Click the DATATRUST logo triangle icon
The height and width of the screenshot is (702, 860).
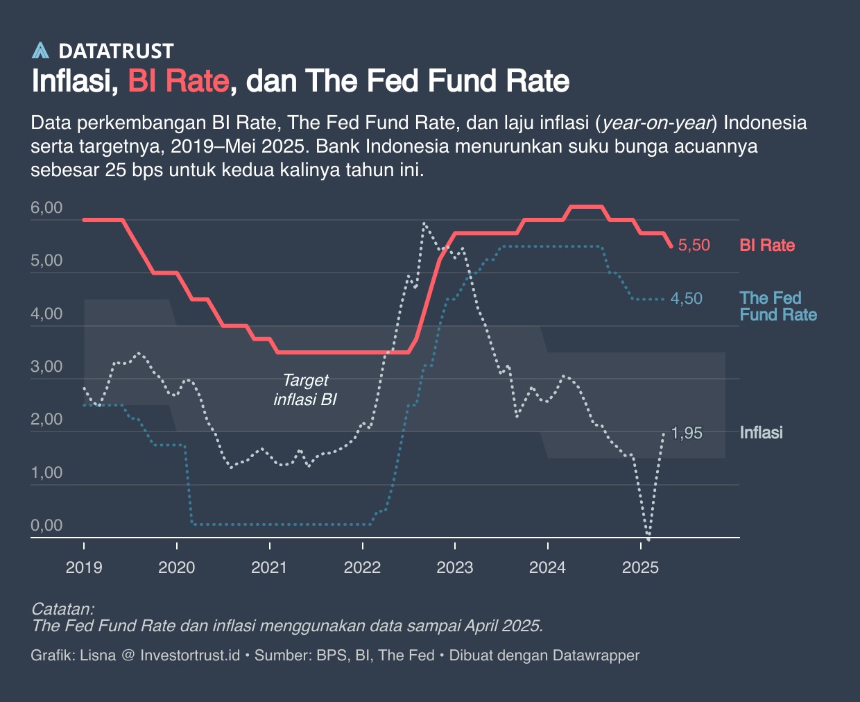pyautogui.click(x=41, y=51)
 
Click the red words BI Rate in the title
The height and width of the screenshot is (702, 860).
pyautogui.click(x=178, y=81)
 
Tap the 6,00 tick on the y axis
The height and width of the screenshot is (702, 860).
pyautogui.click(x=46, y=208)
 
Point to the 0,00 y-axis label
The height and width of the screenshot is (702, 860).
pyautogui.click(x=46, y=525)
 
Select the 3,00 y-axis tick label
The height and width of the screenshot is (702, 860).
pyautogui.click(x=46, y=366)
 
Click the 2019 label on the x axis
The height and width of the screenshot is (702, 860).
pyautogui.click(x=83, y=567)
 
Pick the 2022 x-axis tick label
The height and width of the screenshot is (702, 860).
pyautogui.click(x=362, y=567)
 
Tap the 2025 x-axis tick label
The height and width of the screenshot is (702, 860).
pyautogui.click(x=640, y=567)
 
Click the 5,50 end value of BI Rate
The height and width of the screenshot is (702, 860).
pyautogui.click(x=694, y=246)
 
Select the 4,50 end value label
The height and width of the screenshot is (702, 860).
pyautogui.click(x=686, y=299)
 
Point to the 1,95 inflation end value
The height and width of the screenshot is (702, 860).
pyautogui.click(x=687, y=434)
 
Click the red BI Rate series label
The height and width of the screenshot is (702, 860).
pyautogui.click(x=767, y=246)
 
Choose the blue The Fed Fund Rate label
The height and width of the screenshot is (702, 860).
pyautogui.click(x=777, y=307)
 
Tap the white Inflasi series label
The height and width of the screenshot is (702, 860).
pyautogui.click(x=761, y=433)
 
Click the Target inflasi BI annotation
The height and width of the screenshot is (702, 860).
pyautogui.click(x=305, y=390)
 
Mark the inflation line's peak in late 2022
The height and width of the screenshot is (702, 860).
pyautogui.click(x=424, y=223)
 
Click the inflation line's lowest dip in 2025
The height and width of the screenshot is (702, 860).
pyautogui.click(x=648, y=538)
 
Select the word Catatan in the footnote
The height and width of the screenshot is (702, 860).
pyautogui.click(x=62, y=609)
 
